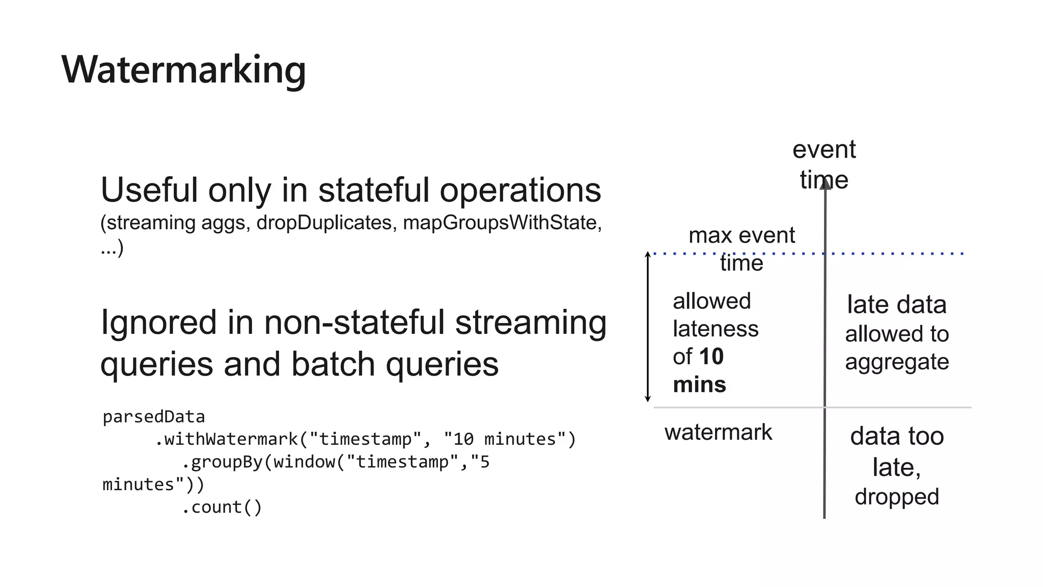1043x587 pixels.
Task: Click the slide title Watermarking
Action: [183, 70]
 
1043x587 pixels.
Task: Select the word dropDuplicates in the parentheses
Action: [324, 223]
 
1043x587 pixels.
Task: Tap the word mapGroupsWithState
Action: [499, 223]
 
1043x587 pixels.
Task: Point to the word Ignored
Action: [158, 323]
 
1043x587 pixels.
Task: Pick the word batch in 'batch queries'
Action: [333, 364]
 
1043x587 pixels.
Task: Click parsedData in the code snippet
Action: [153, 417]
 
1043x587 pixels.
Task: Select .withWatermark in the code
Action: [226, 439]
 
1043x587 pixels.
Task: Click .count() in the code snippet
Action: [222, 507]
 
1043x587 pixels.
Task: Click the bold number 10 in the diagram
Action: [711, 357]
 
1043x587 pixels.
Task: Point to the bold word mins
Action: [699, 385]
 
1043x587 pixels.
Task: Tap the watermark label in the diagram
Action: [718, 433]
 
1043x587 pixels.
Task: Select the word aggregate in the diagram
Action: [897, 362]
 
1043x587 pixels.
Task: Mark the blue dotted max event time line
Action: [896, 253]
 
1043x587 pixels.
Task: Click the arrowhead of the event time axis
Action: [825, 183]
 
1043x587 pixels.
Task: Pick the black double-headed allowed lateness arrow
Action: [648, 327]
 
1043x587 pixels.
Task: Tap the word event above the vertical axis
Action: [824, 150]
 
